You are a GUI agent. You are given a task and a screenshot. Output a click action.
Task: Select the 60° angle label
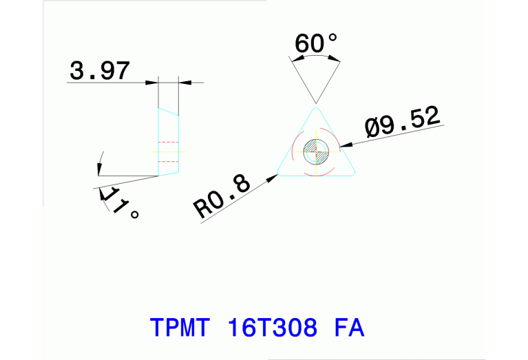tap(316, 44)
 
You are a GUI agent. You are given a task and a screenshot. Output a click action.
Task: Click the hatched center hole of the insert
tap(316, 151)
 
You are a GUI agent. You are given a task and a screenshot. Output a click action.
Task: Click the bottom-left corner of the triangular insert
tap(279, 173)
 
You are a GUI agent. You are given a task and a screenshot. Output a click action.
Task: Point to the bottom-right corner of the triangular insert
tap(354, 173)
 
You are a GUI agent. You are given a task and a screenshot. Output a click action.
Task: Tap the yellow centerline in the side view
tap(168, 151)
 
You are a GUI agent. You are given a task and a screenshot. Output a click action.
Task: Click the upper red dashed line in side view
tap(169, 142)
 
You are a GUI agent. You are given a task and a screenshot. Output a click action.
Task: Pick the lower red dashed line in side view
tap(169, 161)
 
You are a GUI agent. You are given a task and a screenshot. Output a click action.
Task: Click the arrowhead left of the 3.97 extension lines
tap(152, 83)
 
